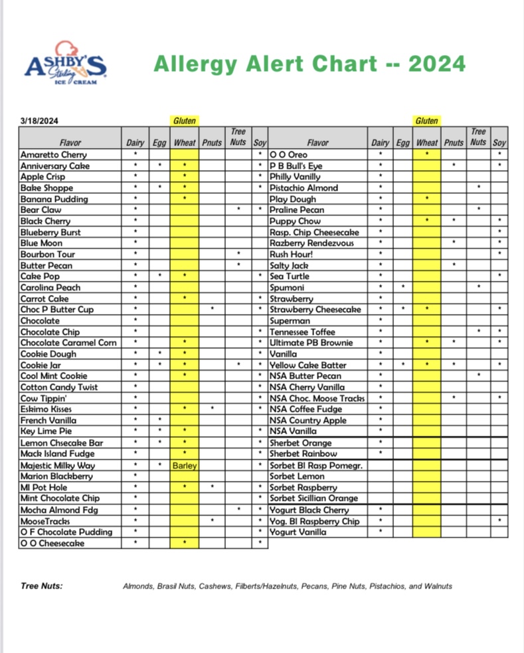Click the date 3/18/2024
39,121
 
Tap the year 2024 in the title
436,64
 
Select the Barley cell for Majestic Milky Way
184,466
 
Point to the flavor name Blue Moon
42,243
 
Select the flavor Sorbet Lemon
299,476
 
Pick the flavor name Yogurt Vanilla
298,532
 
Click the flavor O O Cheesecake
52,543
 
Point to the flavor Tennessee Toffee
302,332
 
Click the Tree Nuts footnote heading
42,586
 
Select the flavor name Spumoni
288,288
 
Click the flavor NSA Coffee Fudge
305,409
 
